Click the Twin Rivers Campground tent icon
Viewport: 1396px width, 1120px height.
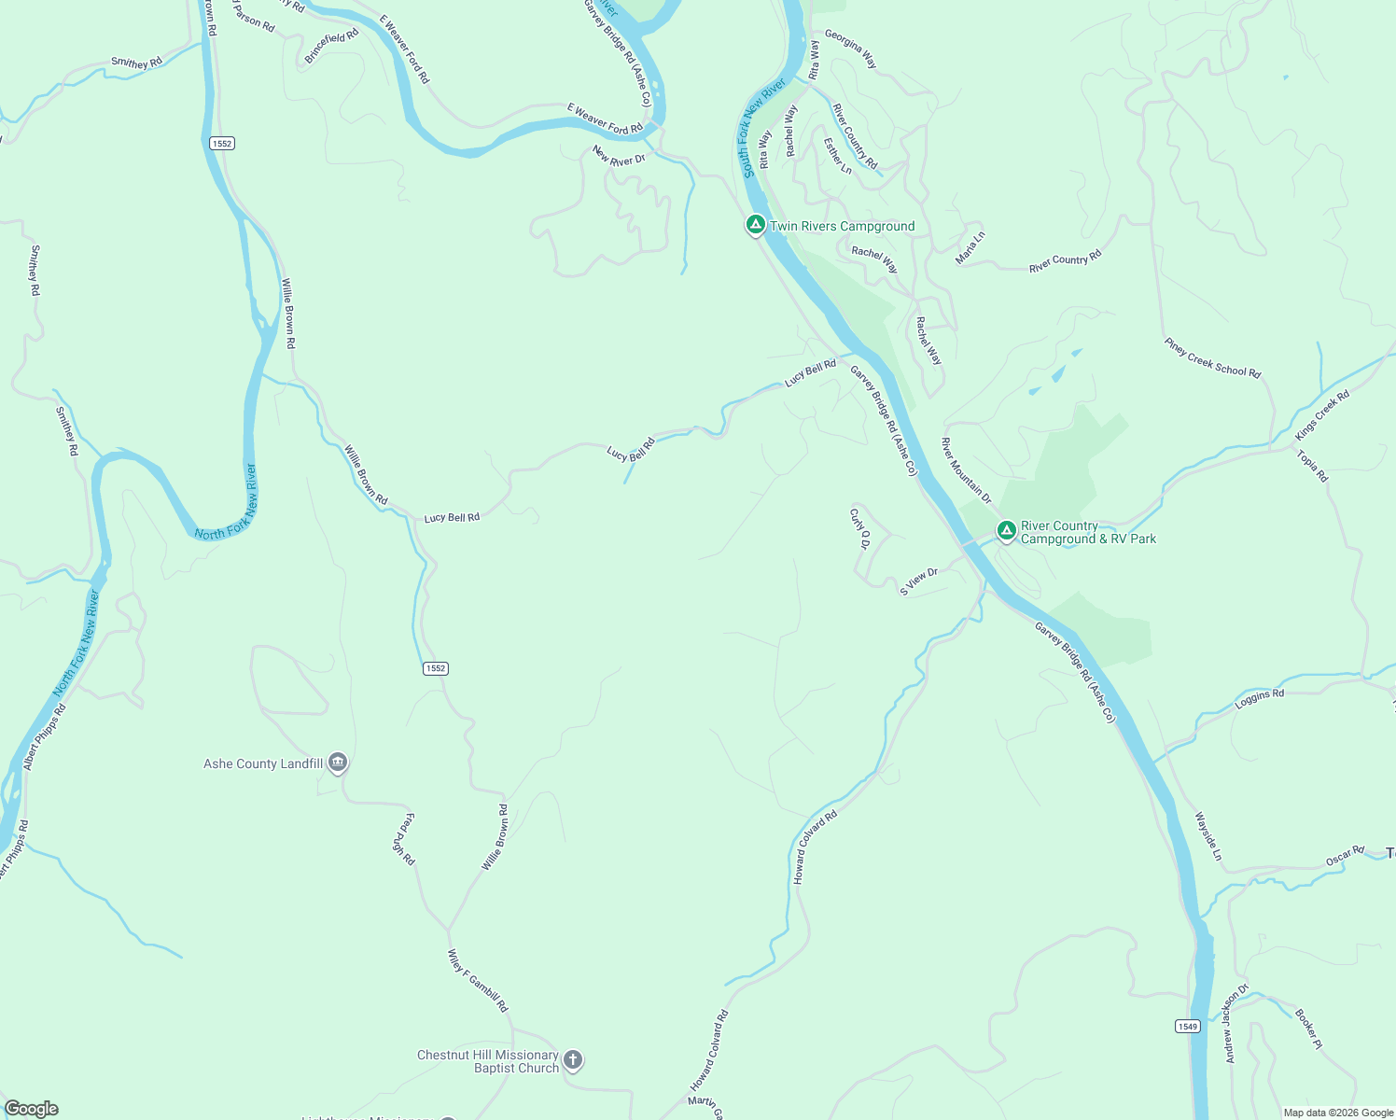point(755,225)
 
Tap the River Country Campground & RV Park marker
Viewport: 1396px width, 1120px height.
point(1006,531)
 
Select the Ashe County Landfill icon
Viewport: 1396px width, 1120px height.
point(338,763)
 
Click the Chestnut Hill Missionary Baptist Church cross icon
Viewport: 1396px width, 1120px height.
point(573,1060)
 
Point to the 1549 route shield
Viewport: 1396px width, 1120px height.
point(1187,1026)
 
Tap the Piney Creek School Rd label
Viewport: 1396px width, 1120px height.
point(1212,358)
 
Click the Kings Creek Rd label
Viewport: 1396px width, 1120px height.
point(1322,415)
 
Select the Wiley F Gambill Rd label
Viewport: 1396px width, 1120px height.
point(478,981)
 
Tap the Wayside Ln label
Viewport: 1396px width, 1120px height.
point(1208,836)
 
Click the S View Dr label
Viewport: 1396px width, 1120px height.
point(918,581)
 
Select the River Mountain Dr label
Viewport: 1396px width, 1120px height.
point(966,470)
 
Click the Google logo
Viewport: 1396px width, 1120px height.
point(32,1109)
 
